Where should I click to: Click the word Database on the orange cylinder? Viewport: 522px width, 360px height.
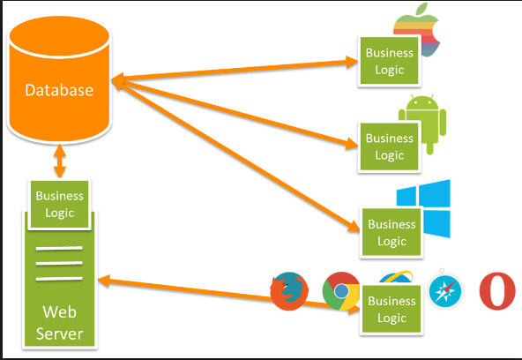59,90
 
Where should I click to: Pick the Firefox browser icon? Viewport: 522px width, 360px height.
289,291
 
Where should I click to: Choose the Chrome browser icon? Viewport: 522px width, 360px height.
340,291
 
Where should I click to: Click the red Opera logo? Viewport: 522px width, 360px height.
497,291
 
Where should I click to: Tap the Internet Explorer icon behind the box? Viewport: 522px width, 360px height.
396,277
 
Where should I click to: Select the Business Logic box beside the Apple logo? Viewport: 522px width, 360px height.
389,61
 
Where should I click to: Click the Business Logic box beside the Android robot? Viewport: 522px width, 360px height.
389,146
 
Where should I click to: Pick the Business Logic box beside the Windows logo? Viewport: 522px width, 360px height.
391,232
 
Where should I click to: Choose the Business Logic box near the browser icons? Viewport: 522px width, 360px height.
391,310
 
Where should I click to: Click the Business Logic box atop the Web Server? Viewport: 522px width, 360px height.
60,205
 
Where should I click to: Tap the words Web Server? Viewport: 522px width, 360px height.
60,323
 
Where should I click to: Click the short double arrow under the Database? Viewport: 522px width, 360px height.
60,161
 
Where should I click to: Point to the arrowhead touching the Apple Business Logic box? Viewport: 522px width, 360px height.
352,62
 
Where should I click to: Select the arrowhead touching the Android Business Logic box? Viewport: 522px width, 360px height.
351,143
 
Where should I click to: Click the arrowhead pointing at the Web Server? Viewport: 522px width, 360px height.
105,281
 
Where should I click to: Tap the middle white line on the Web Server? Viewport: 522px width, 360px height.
59,264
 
